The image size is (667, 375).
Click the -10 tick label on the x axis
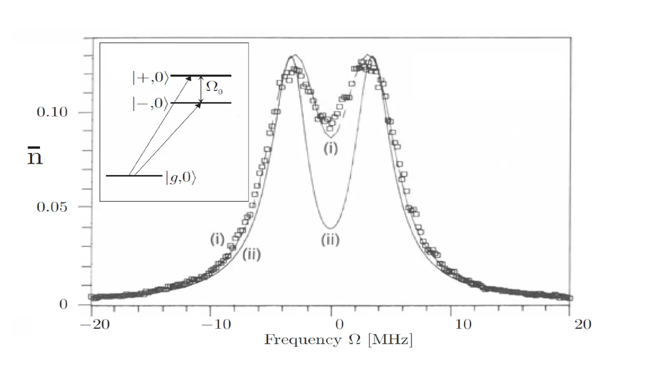tap(216, 324)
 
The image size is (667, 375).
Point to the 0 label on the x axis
tap(339, 324)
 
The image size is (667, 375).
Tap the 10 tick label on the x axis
tap(463, 324)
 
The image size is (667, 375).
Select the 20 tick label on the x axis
tap(582, 324)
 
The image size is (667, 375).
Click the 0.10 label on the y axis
tap(52, 112)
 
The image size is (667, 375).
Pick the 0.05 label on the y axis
tap(52, 207)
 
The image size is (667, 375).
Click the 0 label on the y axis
tap(63, 304)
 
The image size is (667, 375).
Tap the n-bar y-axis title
tap(35, 157)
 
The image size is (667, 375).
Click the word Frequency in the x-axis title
tap(303, 340)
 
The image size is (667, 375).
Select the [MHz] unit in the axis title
tap(390, 340)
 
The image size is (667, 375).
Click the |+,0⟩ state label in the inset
tap(150, 78)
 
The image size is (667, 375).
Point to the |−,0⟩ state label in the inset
tap(150, 103)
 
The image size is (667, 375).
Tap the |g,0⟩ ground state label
tap(181, 177)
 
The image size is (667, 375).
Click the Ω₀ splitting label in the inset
tap(214, 87)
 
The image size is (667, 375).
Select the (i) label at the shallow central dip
tap(331, 149)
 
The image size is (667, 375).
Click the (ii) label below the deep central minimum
tap(330, 240)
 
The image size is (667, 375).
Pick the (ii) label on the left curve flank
tap(251, 254)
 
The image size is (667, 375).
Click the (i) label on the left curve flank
tap(217, 239)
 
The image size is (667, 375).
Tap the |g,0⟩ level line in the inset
tap(133, 176)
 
